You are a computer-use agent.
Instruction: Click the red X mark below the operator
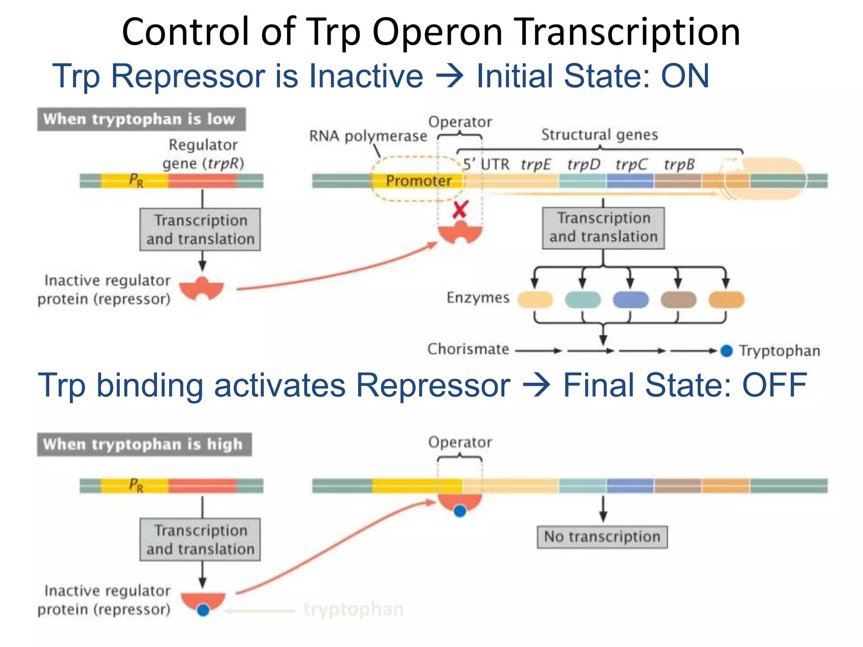(x=460, y=209)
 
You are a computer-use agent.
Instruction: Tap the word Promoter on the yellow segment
(x=418, y=181)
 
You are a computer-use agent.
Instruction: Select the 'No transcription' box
(x=602, y=537)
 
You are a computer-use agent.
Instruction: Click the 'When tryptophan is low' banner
(x=141, y=119)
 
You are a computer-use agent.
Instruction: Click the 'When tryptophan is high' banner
(x=144, y=444)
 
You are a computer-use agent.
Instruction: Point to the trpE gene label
(x=535, y=164)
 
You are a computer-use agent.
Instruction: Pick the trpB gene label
(x=679, y=164)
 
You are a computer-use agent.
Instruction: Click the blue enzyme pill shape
(x=630, y=300)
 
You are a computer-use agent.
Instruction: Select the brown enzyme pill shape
(x=678, y=300)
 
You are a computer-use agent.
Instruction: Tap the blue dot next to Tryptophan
(x=726, y=350)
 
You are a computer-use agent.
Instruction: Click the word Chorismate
(x=468, y=349)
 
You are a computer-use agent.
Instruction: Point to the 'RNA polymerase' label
(x=368, y=136)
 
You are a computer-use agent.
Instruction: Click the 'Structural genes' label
(x=599, y=135)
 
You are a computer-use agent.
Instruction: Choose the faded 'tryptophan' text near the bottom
(x=353, y=609)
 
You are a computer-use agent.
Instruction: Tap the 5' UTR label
(x=486, y=164)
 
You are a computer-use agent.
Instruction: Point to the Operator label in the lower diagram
(x=460, y=442)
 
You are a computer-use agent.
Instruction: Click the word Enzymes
(x=478, y=298)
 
